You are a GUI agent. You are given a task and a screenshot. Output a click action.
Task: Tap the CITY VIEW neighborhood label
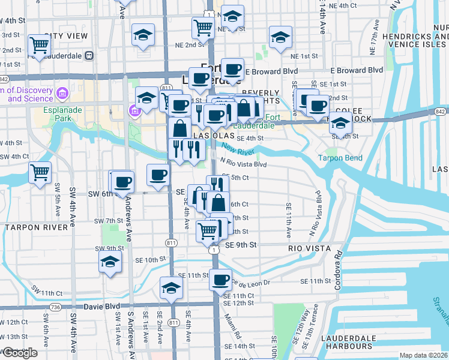66,37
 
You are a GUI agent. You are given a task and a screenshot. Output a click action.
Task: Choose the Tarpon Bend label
340,158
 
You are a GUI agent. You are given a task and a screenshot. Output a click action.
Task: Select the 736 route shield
56,307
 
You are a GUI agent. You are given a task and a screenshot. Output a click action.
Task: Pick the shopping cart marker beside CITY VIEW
39,45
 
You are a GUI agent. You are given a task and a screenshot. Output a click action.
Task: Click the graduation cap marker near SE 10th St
110,262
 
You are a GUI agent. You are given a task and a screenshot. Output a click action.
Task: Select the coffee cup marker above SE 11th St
221,279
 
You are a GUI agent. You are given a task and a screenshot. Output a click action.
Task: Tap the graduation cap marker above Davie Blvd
171,288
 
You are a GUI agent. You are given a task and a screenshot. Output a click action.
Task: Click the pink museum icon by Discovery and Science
62,93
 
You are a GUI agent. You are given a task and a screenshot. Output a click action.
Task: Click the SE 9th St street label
241,245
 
